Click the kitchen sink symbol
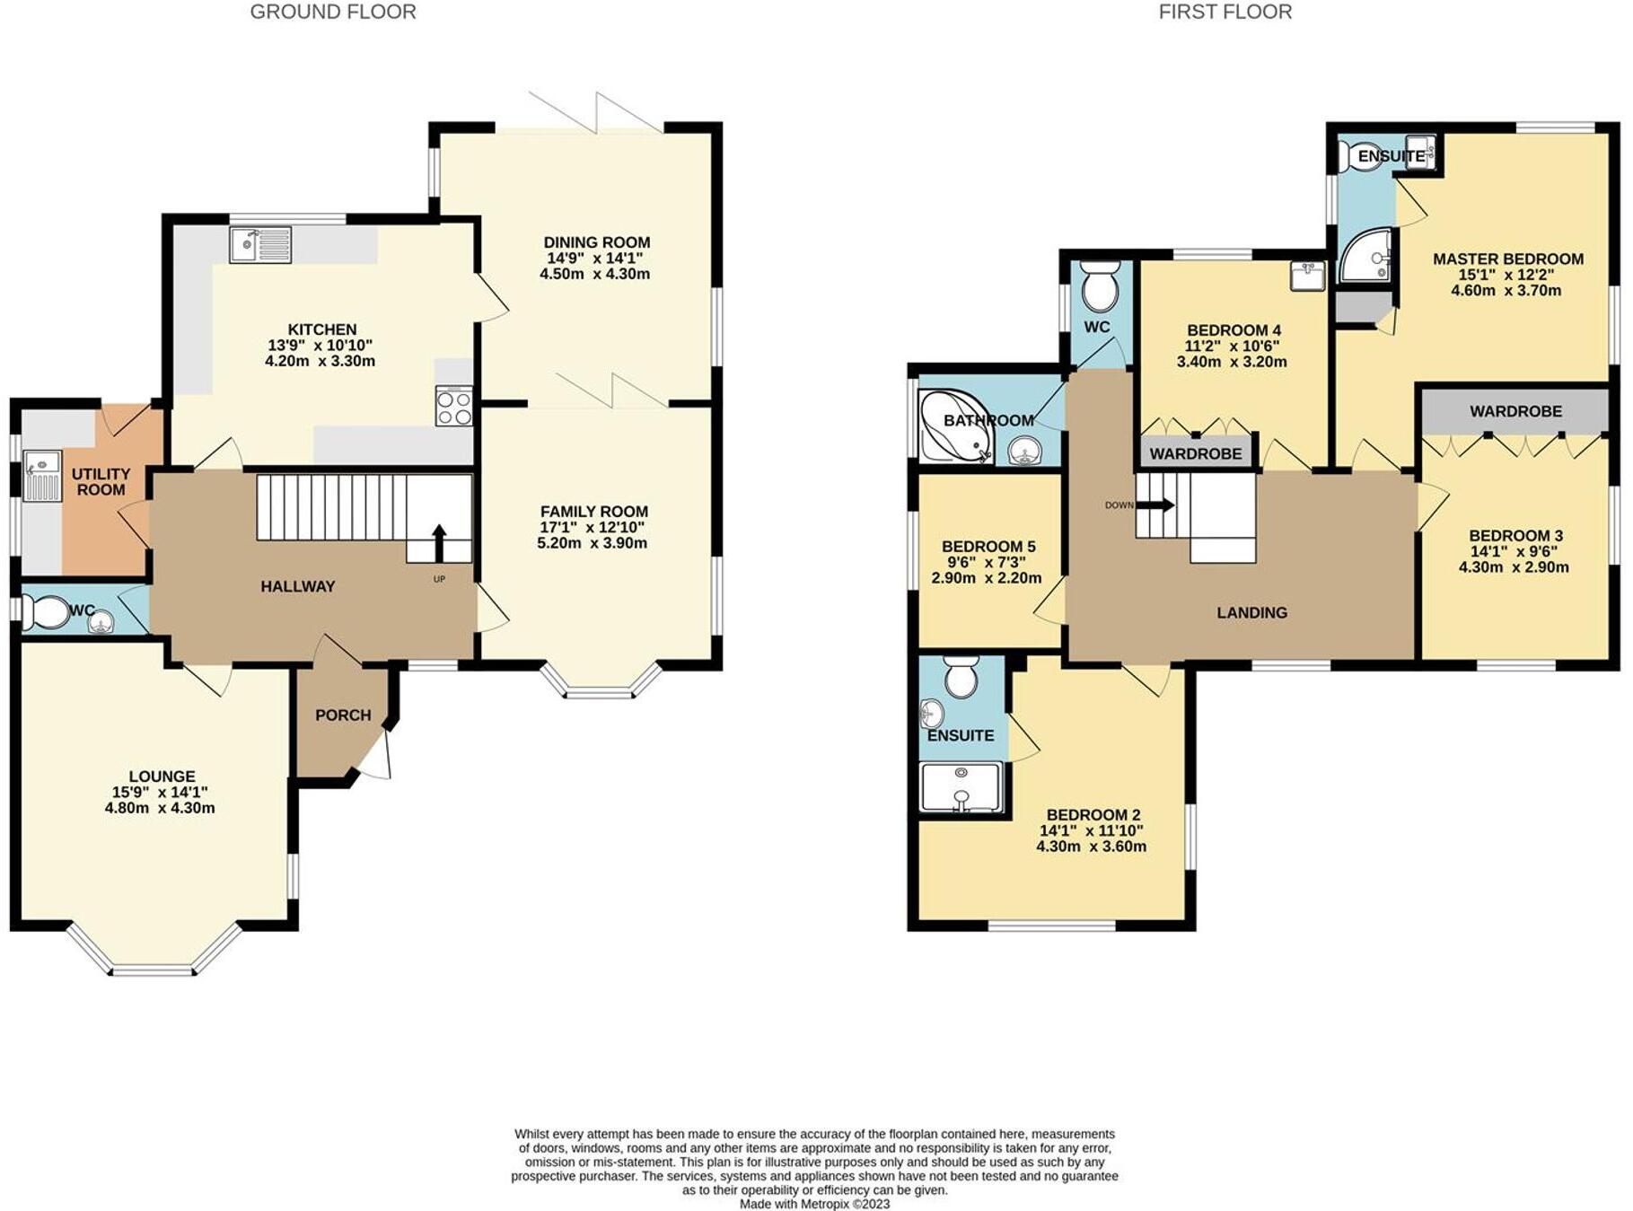pyautogui.click(x=260, y=244)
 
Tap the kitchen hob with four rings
pyautogui.click(x=453, y=406)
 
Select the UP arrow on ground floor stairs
pyautogui.click(x=439, y=542)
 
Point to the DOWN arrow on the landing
pyautogui.click(x=1157, y=505)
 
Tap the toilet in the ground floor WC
pyautogui.click(x=46, y=613)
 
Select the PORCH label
pyautogui.click(x=343, y=715)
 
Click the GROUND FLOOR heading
pyautogui.click(x=332, y=12)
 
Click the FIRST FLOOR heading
pyautogui.click(x=1225, y=12)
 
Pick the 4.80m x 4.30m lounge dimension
pyautogui.click(x=160, y=808)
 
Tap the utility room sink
pyautogui.click(x=41, y=476)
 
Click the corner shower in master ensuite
pyautogui.click(x=1366, y=255)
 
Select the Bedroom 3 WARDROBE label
pyautogui.click(x=1515, y=411)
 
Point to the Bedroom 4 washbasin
pyautogui.click(x=1307, y=276)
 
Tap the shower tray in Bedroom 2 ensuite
pyautogui.click(x=961, y=787)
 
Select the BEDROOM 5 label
pyautogui.click(x=988, y=547)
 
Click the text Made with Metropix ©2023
pyautogui.click(x=814, y=1204)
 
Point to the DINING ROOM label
pyautogui.click(x=596, y=242)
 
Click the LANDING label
pyautogui.click(x=1251, y=612)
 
